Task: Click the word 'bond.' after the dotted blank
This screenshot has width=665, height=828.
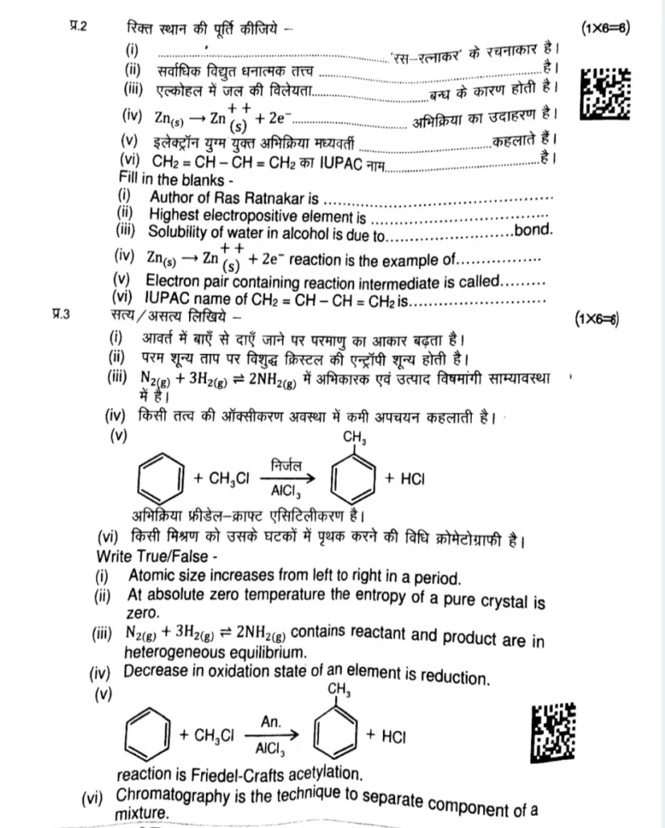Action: click(533, 230)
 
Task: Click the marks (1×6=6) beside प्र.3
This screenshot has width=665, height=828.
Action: click(596, 319)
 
